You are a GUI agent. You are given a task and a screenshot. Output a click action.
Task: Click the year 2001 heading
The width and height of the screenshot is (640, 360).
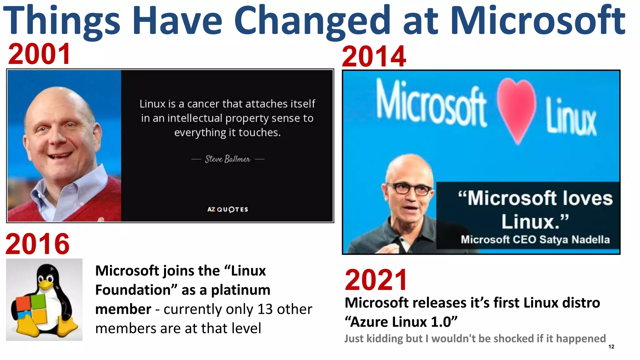click(x=39, y=54)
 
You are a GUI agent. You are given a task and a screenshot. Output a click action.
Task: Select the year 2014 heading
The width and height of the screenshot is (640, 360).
click(x=374, y=57)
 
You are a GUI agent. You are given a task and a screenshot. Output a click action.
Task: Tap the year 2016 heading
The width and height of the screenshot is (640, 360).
click(x=37, y=244)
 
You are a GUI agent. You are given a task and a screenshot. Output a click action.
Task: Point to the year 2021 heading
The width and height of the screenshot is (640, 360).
click(x=376, y=280)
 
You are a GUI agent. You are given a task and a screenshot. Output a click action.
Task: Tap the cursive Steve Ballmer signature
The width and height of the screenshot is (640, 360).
click(x=227, y=159)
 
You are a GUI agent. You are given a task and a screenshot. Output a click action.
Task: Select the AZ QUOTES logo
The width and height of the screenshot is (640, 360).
click(x=227, y=209)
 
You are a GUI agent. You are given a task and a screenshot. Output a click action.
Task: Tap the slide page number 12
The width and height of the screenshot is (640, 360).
click(x=611, y=347)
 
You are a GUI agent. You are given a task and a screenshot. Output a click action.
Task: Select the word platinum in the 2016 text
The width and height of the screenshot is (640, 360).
click(x=241, y=290)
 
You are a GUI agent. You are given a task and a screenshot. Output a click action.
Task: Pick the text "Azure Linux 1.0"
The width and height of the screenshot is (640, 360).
click(x=401, y=322)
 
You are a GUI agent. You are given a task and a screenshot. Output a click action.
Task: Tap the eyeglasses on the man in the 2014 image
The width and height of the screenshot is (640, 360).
click(x=409, y=188)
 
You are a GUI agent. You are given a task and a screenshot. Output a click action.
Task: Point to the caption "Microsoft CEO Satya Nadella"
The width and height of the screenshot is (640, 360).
click(x=535, y=240)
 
